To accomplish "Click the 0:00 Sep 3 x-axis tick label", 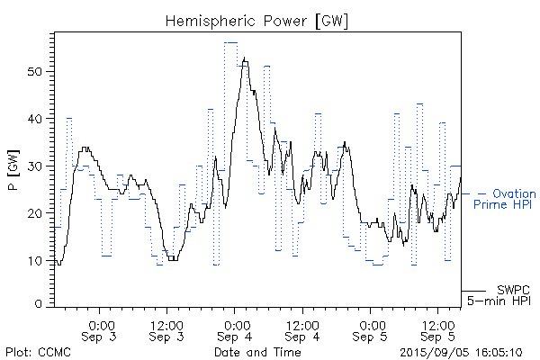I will tap(100, 329).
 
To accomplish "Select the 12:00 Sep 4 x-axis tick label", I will tap(302, 329).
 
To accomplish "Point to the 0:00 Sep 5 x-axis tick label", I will tap(370, 329).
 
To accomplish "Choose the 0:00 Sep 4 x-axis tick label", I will tap(235, 329).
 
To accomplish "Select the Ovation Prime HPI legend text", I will tap(512, 200).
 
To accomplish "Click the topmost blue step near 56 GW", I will tap(231, 42).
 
